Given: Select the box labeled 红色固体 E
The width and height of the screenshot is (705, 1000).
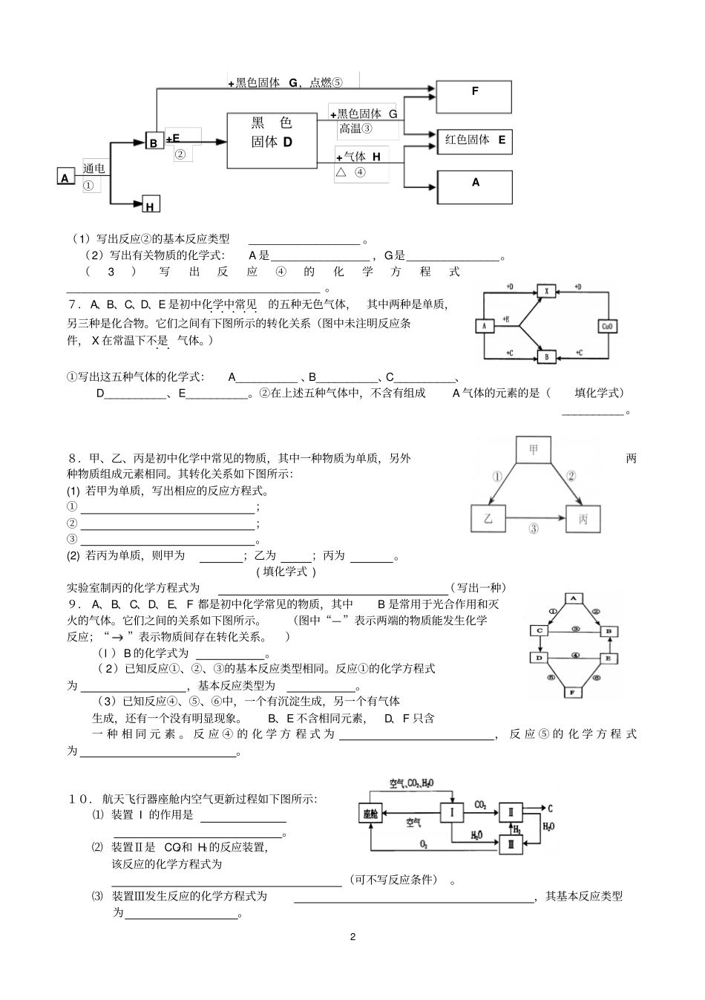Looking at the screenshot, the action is point(474,140).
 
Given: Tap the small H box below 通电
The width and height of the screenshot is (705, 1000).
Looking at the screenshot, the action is point(150,203).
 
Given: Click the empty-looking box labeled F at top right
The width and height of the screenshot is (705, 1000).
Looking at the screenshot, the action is point(474,97).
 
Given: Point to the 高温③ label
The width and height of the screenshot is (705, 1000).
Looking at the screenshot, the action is point(356,129).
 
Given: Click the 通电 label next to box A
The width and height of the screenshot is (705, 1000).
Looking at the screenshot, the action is point(94,169).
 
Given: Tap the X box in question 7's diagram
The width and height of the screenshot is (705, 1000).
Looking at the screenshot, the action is point(546,292).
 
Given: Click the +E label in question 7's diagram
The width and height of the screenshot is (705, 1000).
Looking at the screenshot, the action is point(506,318).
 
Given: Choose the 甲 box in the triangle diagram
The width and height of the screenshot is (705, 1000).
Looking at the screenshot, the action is point(534,449).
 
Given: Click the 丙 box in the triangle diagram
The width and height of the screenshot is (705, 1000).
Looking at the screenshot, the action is point(583,519).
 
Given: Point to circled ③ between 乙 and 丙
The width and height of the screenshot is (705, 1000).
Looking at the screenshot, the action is point(534,529).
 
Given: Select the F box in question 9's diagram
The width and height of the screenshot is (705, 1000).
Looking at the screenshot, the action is point(572,693).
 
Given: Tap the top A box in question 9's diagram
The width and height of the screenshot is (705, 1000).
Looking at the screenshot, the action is point(573,598).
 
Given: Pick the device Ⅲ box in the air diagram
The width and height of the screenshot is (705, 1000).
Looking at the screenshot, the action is point(510,843).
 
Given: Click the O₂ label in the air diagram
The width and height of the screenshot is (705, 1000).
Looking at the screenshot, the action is point(424,844).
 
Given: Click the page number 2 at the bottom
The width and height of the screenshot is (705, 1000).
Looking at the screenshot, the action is point(352,936).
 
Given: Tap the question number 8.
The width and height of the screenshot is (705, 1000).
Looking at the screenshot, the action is point(72,458).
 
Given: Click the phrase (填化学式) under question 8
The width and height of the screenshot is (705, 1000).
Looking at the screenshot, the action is point(286,571).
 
